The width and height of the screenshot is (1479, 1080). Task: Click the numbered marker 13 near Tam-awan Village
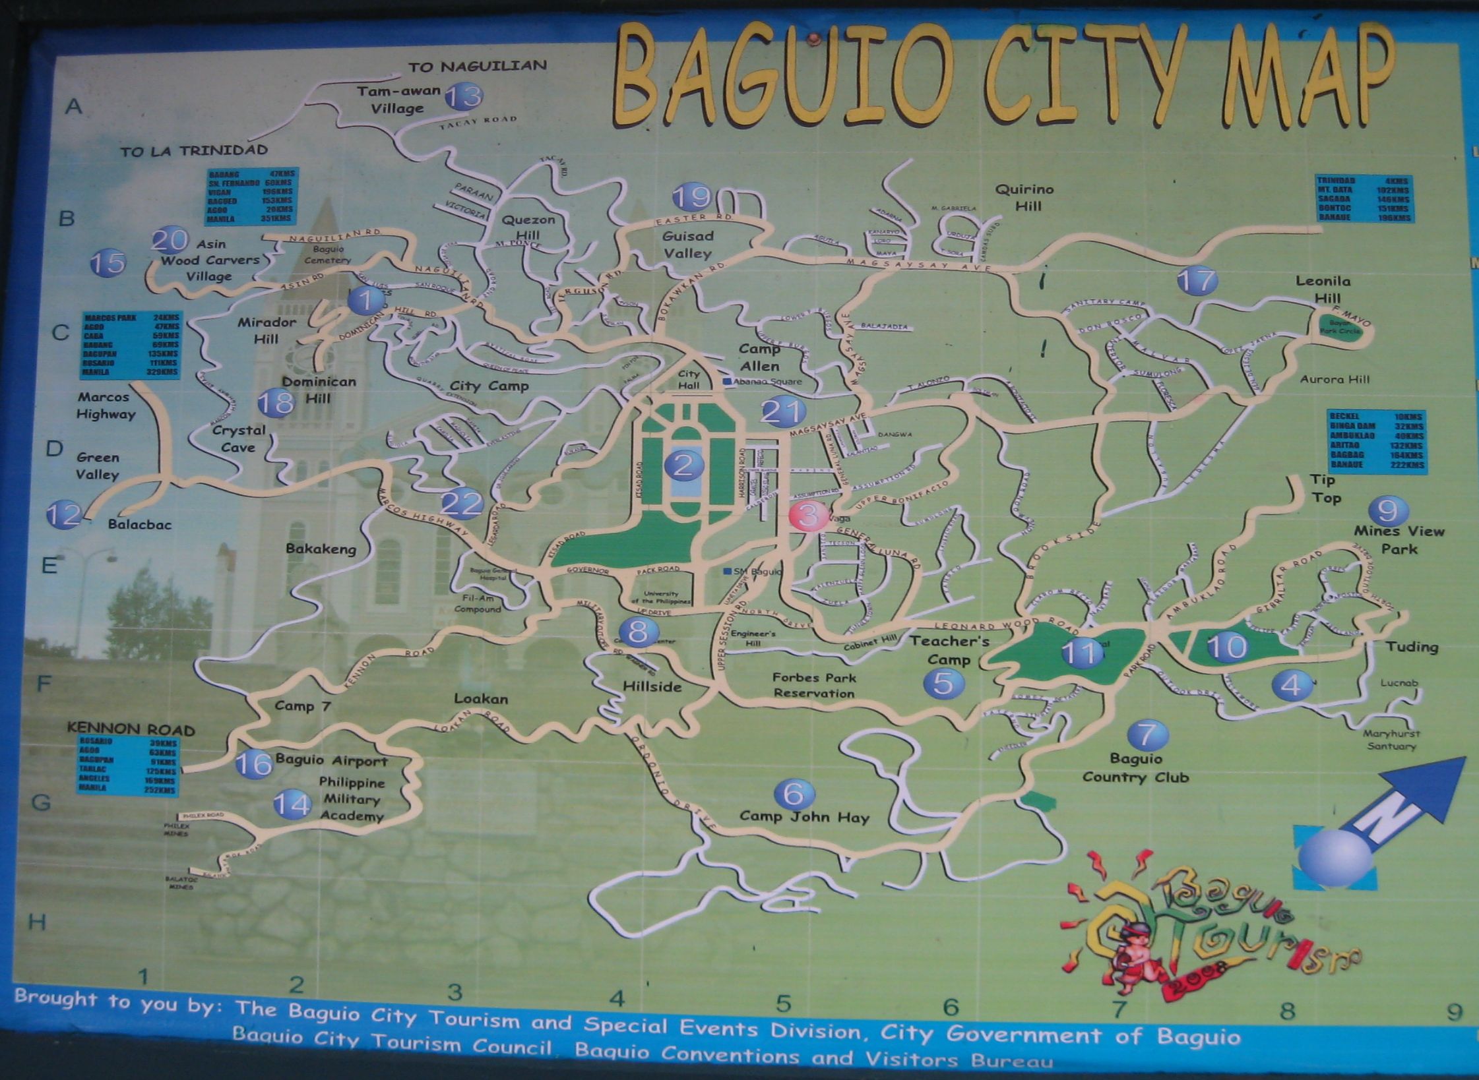click(464, 97)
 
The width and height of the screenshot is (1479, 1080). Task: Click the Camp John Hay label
click(804, 817)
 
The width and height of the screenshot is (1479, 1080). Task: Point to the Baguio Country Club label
click(1135, 768)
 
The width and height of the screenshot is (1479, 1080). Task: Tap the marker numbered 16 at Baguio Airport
click(254, 764)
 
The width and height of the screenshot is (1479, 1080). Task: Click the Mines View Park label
click(1399, 540)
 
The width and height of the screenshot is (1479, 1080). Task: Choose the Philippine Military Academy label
click(352, 799)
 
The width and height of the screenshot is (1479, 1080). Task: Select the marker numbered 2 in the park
click(683, 465)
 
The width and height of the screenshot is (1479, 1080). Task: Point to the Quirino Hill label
click(1024, 197)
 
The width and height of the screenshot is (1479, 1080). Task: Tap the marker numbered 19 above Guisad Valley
click(691, 196)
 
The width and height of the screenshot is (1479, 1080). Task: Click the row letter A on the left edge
click(73, 106)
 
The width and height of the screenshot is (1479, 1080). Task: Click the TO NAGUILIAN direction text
click(478, 66)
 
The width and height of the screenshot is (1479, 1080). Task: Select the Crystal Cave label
click(238, 438)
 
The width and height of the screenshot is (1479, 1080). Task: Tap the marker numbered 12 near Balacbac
click(63, 514)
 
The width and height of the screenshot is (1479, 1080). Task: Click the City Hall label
click(689, 379)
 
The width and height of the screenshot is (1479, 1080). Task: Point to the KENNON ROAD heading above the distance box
click(131, 729)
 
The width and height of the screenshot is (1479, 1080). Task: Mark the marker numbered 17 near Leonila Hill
click(1197, 281)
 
